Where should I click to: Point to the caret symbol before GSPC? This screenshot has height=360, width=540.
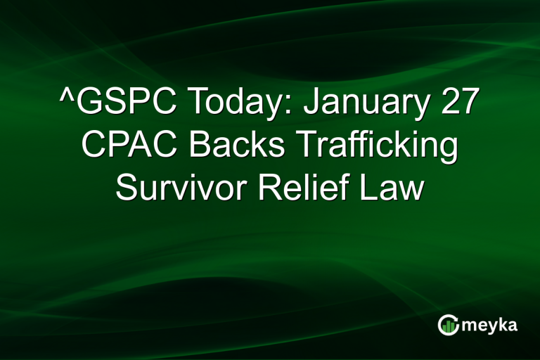65,98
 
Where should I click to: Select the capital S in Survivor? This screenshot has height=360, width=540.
127,187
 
